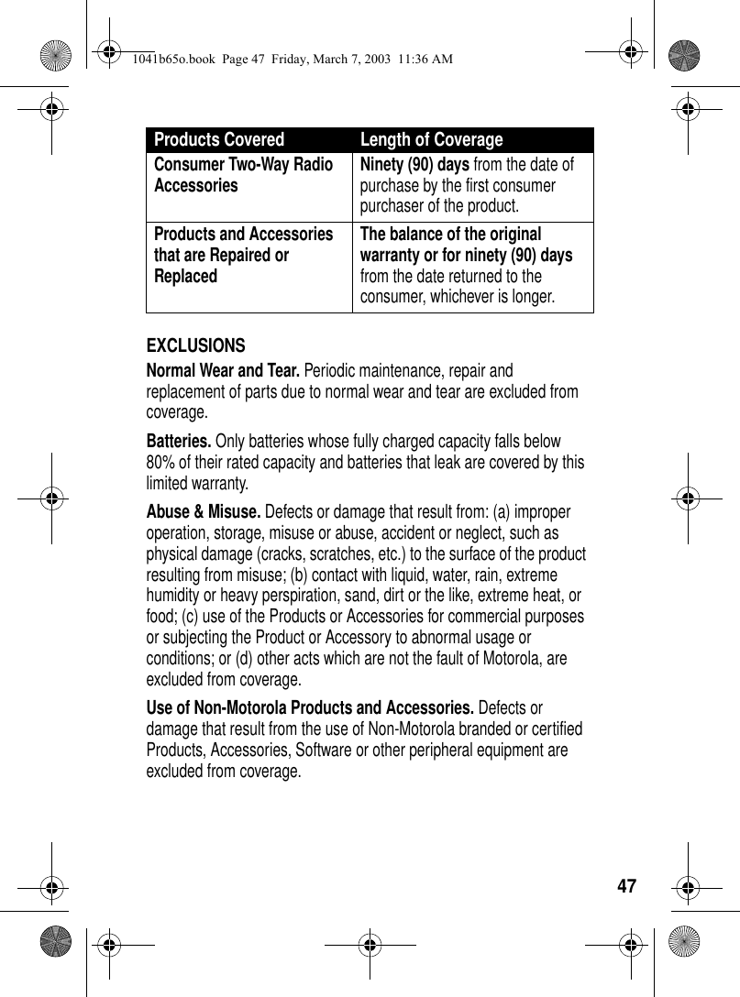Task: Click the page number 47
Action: click(626, 886)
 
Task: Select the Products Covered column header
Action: click(219, 140)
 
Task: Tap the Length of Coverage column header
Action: click(431, 140)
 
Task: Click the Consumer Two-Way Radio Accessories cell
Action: click(243, 174)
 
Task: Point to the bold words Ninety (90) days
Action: click(414, 164)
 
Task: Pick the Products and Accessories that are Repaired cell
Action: click(243, 255)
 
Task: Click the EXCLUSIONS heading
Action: click(196, 345)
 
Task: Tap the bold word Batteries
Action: click(179, 441)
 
